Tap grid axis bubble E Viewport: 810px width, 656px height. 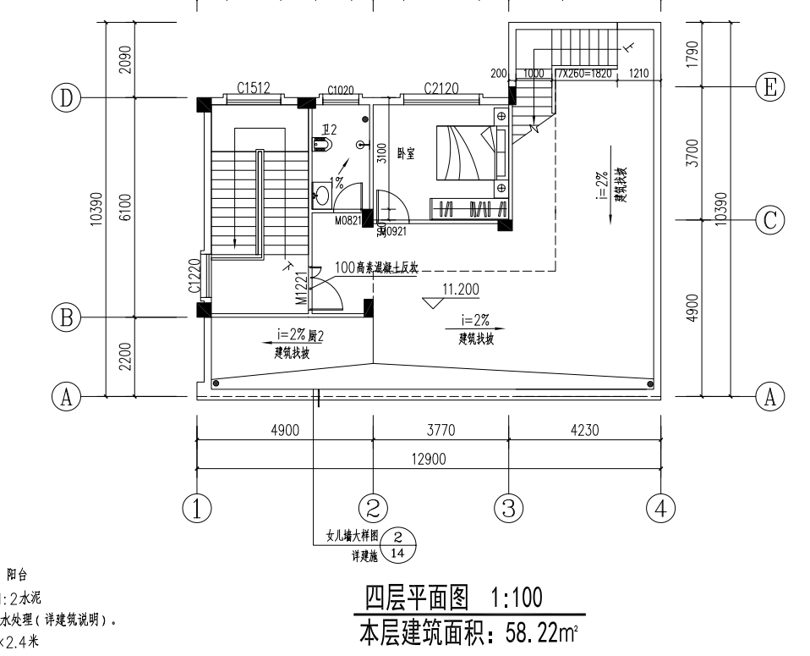(769, 86)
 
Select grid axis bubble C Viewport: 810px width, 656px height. (769, 220)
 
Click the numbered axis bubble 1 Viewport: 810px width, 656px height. (197, 509)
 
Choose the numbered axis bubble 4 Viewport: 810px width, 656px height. (661, 509)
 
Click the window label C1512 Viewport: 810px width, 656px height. (254, 87)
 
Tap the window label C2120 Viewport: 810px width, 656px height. (441, 87)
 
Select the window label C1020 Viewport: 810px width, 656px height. (341, 90)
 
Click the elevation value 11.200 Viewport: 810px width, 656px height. (461, 289)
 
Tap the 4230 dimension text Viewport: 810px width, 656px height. (585, 430)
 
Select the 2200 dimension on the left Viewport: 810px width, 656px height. (124, 356)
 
